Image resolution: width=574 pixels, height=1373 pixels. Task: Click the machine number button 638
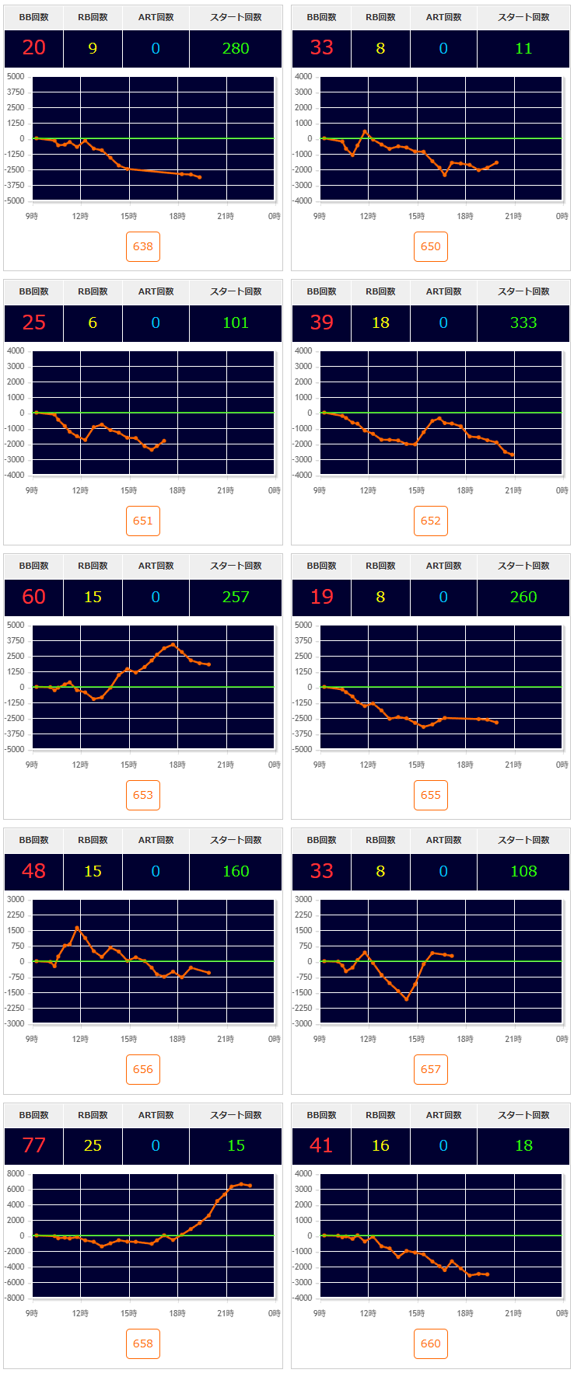(143, 246)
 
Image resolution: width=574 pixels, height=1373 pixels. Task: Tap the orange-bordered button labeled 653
(143, 795)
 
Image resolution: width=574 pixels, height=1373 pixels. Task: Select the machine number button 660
(431, 1343)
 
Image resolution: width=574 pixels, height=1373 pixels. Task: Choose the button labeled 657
(431, 1069)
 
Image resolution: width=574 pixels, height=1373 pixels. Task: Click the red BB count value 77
(34, 1145)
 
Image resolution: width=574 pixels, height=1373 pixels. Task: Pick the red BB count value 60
(34, 597)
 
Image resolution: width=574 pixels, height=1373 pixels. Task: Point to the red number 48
(34, 871)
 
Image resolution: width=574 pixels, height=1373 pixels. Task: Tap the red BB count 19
(322, 597)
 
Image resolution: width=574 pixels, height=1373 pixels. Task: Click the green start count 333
(523, 322)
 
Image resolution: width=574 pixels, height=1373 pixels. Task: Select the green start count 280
(236, 48)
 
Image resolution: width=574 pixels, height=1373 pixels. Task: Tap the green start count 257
(236, 597)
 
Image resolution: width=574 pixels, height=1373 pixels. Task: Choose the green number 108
(523, 871)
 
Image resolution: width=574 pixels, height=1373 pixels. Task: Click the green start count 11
(523, 48)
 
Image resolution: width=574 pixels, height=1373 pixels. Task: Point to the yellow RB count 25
(93, 1145)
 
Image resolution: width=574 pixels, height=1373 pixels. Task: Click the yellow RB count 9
(93, 48)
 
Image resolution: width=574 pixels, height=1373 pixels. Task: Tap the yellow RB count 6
(93, 322)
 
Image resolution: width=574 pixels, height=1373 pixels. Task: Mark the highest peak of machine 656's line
(77, 928)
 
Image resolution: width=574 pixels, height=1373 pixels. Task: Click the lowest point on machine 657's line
(406, 999)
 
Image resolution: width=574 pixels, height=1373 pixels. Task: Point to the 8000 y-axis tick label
(16, 1174)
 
